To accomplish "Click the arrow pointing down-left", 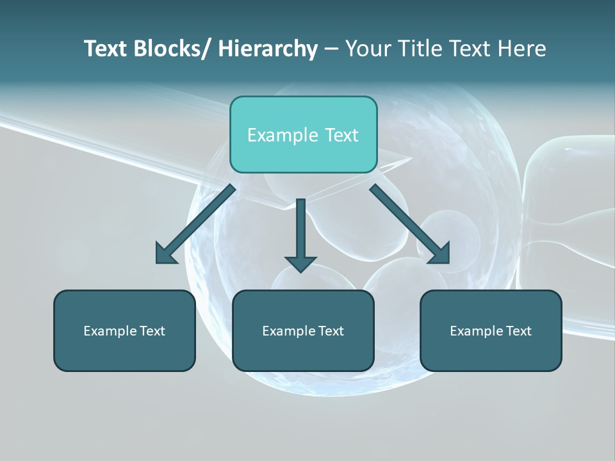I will (x=195, y=224).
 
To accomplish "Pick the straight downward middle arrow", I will (x=300, y=234).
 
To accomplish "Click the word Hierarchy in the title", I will (x=268, y=49).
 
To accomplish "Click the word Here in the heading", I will (x=523, y=49).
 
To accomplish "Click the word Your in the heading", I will (x=368, y=49).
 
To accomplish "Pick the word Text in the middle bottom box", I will (x=329, y=331).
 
